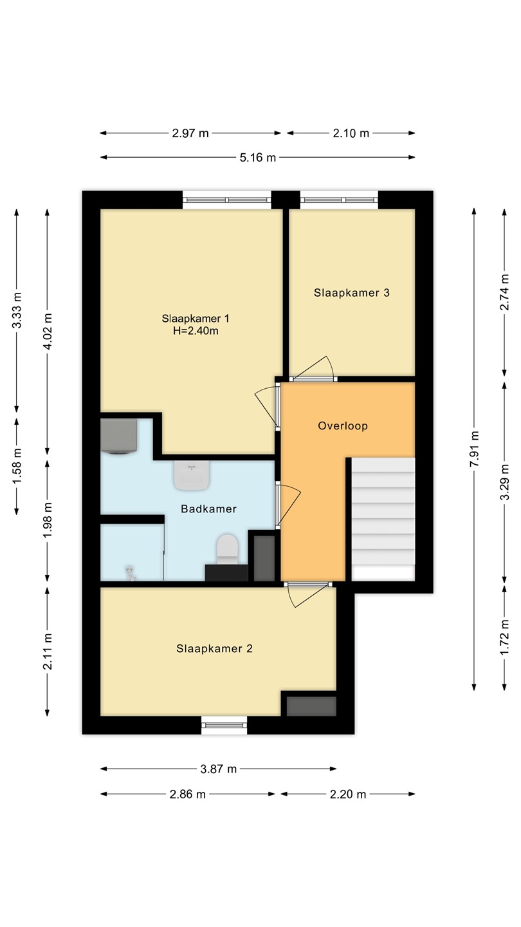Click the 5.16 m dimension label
257,158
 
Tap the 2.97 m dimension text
190,133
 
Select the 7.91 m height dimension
474,449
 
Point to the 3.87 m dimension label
218,769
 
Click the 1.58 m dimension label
17,465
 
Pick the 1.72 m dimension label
504,637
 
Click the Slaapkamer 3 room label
351,293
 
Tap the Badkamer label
209,509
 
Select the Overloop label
343,426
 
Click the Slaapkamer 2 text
214,648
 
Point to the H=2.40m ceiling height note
196,331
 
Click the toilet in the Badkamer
228,548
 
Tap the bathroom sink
192,476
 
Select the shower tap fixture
131,573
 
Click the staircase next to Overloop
383,519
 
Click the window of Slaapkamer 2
224,725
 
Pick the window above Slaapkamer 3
339,200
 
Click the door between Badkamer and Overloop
288,505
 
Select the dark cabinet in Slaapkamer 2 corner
311,706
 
